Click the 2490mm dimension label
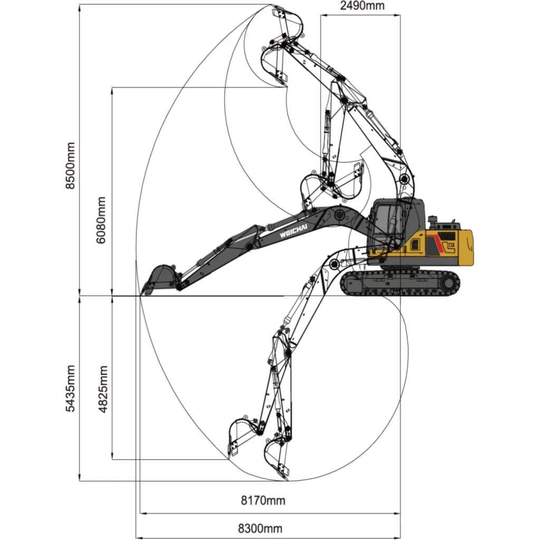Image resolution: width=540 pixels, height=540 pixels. (x=362, y=5)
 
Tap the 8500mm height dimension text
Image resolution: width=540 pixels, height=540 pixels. (x=70, y=165)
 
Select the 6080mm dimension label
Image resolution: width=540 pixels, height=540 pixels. (x=101, y=220)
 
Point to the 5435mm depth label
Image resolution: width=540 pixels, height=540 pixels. (x=70, y=389)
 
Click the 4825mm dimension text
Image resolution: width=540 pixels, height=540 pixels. (x=103, y=389)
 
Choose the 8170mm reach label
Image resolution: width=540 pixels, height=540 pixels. (x=263, y=500)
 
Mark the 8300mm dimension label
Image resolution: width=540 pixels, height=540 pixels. (x=261, y=528)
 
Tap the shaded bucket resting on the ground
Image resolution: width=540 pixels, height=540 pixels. (x=160, y=279)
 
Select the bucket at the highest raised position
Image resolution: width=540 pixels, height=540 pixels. (x=287, y=21)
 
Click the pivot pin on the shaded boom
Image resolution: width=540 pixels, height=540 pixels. (x=340, y=216)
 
